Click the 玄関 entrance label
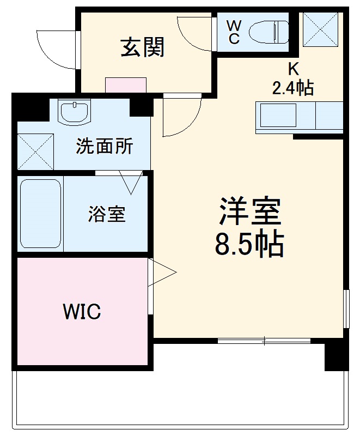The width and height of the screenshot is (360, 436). point(142,49)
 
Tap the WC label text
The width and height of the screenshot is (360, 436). point(233,32)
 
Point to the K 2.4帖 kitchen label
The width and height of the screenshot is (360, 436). point(293,79)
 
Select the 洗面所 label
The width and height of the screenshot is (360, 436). point(104,146)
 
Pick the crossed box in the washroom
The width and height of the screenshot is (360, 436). point(35,151)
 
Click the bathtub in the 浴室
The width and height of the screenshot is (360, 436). point(40,213)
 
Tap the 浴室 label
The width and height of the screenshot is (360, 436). point(107,214)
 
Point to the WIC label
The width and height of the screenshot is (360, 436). point(82,312)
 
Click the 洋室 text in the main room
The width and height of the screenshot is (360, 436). point(250,211)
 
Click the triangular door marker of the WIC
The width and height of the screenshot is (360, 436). point(163,271)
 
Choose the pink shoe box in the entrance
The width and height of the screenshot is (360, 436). point(126,86)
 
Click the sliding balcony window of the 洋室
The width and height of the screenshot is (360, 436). point(264,341)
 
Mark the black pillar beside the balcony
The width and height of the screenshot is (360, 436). point(336,356)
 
